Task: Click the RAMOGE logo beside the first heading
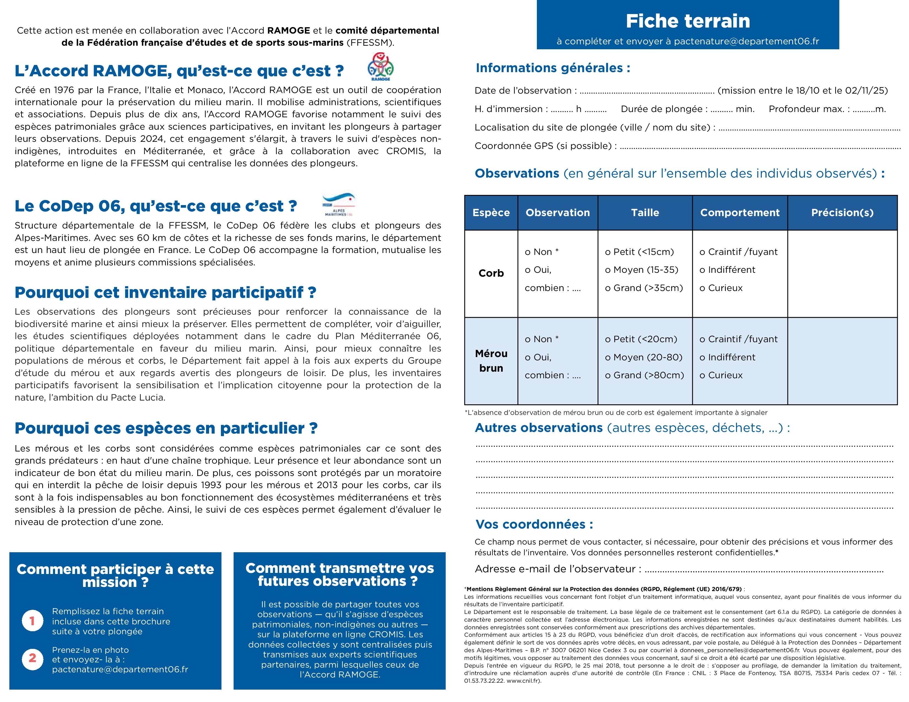(x=380, y=67)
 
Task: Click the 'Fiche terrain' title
(x=688, y=21)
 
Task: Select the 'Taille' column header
(x=645, y=213)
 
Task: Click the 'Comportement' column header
(x=740, y=213)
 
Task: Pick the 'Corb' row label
(x=491, y=273)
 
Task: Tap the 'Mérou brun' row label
(x=491, y=361)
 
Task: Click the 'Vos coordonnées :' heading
(x=534, y=524)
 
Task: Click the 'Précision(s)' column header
(x=842, y=213)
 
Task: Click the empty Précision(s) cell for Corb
(x=842, y=273)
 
